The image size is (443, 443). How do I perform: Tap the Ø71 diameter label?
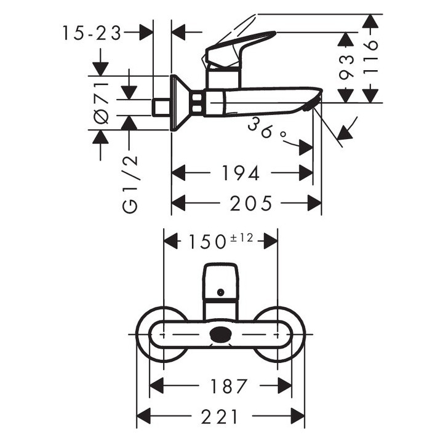102,101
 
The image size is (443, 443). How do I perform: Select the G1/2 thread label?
130,185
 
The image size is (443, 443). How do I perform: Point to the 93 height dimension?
347,67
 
